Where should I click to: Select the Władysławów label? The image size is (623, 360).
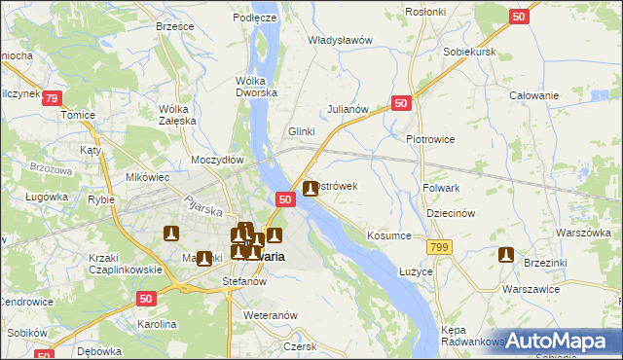click(341, 40)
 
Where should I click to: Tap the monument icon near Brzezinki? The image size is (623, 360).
click(505, 256)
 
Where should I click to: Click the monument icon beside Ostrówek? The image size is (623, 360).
click(311, 189)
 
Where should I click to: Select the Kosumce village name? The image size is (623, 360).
click(389, 235)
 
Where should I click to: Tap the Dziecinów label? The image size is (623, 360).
click(450, 213)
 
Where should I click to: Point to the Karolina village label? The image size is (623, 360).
click(156, 324)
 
